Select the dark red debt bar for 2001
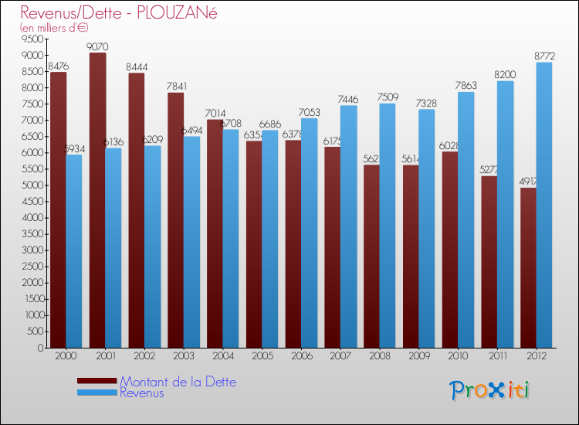click(97, 201)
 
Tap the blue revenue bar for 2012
click(544, 205)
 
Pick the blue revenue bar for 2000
click(74, 251)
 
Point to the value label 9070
click(97, 46)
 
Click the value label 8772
click(544, 56)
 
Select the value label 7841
click(176, 87)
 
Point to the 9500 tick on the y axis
click(32, 39)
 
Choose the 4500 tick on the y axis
click(32, 202)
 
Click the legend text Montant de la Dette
click(178, 382)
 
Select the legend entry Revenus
click(142, 393)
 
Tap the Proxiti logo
click(490, 390)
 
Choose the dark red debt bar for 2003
click(176, 220)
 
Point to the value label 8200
click(505, 75)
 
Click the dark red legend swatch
click(97, 381)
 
